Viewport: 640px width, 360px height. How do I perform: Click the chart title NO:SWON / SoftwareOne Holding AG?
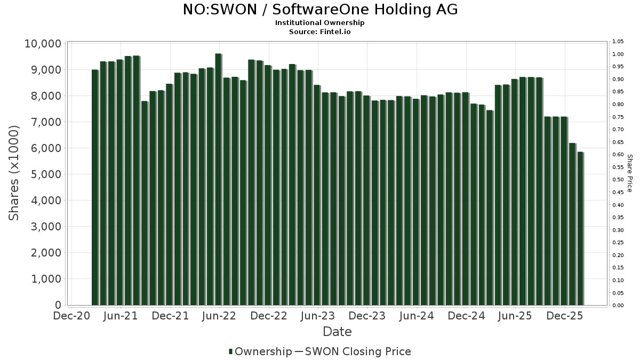[x=320, y=10]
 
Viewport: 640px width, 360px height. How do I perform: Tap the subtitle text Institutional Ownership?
[x=320, y=23]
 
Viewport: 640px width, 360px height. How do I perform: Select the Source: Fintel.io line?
[x=320, y=31]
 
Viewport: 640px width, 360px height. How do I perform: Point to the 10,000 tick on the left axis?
[x=43, y=44]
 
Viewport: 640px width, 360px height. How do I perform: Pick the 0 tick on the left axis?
[x=58, y=305]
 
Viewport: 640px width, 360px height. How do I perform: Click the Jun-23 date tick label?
[x=318, y=316]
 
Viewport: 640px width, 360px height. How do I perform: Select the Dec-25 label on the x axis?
[x=565, y=316]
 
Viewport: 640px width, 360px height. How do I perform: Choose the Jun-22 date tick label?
[x=219, y=316]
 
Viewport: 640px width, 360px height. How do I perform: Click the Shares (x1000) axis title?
[x=14, y=173]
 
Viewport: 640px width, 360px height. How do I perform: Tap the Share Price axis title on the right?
[x=629, y=173]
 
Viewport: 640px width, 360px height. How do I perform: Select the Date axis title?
[x=337, y=332]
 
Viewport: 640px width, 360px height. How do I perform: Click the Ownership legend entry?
[x=260, y=351]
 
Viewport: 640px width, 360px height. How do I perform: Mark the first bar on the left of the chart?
[x=95, y=187]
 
